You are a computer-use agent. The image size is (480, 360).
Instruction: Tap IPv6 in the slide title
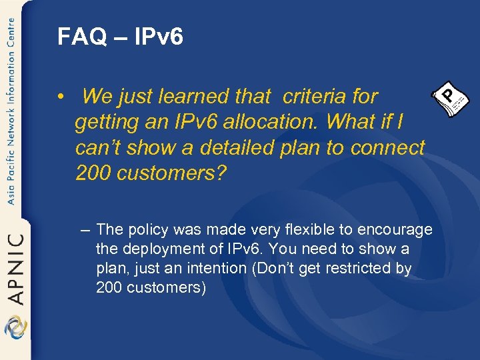pyautogui.click(x=158, y=37)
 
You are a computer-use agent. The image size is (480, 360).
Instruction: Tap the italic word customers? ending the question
pyautogui.click(x=171, y=173)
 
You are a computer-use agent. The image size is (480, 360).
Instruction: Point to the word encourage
pyautogui.click(x=395, y=230)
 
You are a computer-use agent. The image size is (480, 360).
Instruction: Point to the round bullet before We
pyautogui.click(x=60, y=97)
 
